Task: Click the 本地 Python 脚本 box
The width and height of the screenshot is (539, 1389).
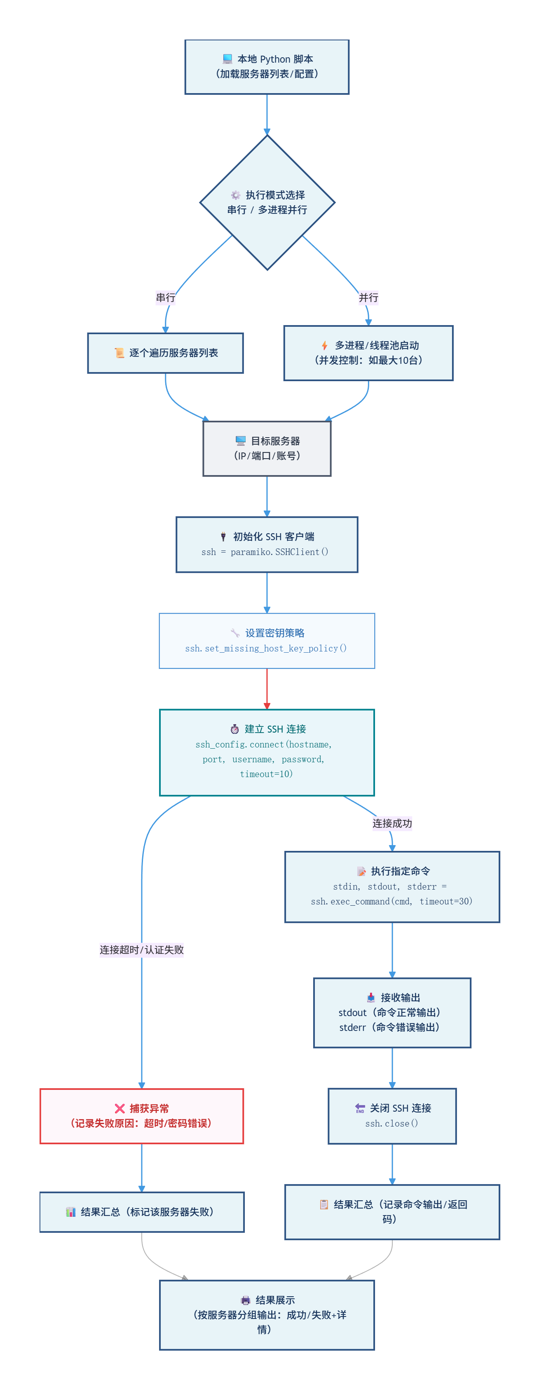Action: pos(267,67)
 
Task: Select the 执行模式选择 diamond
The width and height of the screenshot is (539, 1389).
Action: pos(267,202)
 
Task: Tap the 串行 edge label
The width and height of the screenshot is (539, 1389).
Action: pos(166,297)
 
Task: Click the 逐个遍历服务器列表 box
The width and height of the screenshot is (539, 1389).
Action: pos(166,353)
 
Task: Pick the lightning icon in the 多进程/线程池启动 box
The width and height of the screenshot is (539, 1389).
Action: pos(324,346)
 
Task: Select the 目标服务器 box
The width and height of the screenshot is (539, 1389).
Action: pos(267,448)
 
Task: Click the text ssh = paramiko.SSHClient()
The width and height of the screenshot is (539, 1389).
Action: pos(265,552)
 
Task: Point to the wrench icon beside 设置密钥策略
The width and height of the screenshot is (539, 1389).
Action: pos(235,633)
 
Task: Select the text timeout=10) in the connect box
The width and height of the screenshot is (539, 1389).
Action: pos(266,774)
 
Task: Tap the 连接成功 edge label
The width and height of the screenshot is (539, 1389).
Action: pos(392,823)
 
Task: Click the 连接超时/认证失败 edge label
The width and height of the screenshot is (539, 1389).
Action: pos(142,949)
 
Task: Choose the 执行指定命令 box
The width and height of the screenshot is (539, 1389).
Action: pos(392,886)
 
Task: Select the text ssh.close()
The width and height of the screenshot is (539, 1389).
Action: pos(392,1123)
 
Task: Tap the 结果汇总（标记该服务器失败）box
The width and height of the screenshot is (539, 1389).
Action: pos(142,1211)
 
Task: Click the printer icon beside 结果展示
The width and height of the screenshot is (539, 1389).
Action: pos(245,1300)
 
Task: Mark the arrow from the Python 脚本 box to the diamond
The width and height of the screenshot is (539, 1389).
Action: pos(267,114)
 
